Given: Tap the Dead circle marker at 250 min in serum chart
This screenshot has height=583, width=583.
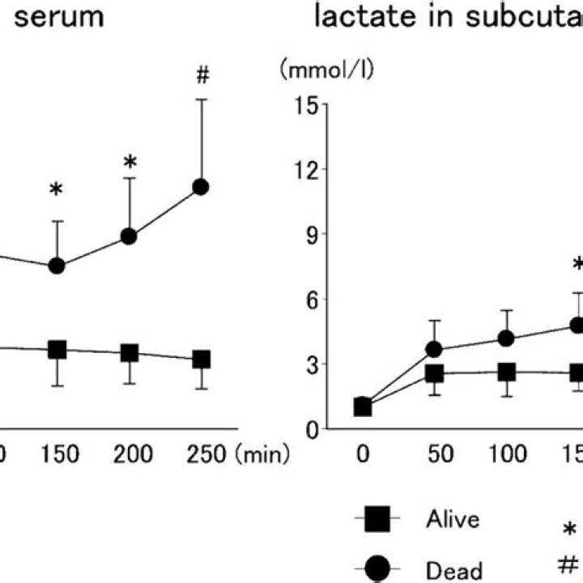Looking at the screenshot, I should [202, 187].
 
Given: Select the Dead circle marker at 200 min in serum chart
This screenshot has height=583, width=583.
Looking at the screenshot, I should [129, 236].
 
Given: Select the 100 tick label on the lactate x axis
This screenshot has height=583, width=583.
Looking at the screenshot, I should [507, 456].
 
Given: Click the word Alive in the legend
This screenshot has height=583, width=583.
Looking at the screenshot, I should [453, 520].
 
